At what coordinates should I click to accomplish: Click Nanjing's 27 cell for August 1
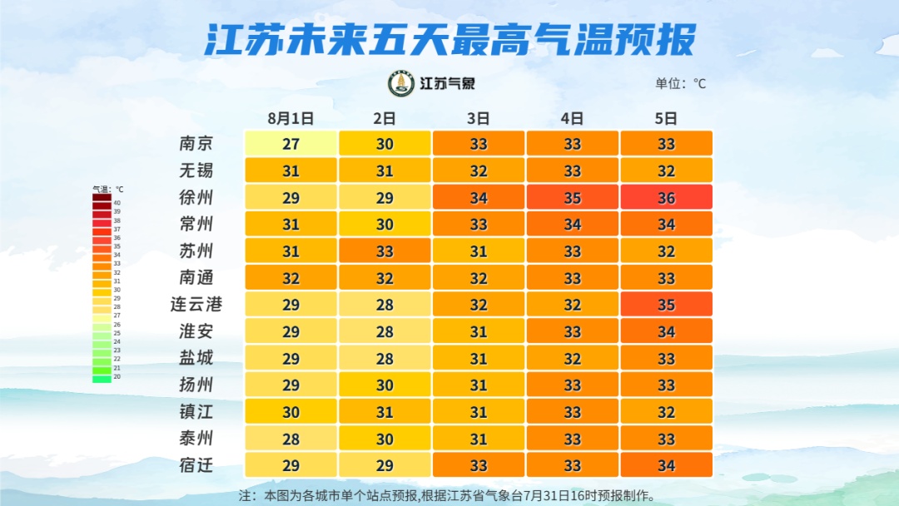click(291, 143)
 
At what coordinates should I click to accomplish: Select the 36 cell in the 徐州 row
click(666, 197)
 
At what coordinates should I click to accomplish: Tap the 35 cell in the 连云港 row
click(666, 305)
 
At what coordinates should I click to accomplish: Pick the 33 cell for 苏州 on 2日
click(385, 251)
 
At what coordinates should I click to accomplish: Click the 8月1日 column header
click(291, 118)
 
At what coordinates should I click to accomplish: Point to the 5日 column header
click(666, 118)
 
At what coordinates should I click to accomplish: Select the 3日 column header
click(478, 118)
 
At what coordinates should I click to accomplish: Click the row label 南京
click(196, 143)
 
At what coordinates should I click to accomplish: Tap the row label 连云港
click(196, 305)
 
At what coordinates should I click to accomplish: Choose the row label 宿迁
click(196, 465)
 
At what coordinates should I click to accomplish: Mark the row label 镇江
click(196, 411)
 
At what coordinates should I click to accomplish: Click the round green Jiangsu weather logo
click(402, 83)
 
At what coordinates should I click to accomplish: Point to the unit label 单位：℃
click(680, 83)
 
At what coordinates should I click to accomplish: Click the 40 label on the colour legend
click(117, 203)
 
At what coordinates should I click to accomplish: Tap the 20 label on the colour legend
click(117, 377)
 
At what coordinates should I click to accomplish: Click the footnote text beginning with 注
click(447, 495)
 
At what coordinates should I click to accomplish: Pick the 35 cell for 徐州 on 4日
click(572, 197)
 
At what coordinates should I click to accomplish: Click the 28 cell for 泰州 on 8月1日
click(291, 439)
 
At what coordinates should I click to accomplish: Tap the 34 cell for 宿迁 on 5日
click(666, 465)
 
